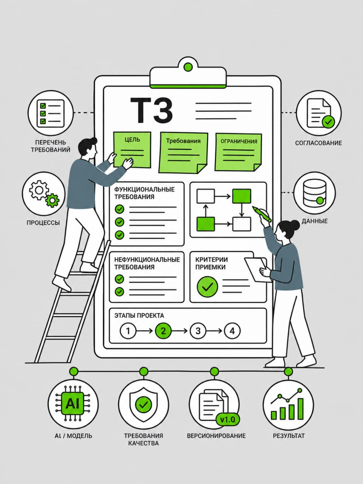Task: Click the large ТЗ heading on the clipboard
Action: click(x=152, y=110)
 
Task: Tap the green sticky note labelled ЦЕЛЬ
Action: click(x=132, y=150)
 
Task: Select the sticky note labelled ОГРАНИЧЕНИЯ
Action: click(x=239, y=152)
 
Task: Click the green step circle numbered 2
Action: click(x=163, y=331)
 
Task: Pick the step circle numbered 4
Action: click(x=232, y=331)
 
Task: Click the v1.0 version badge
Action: click(x=228, y=419)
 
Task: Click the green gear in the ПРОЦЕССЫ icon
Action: click(x=53, y=200)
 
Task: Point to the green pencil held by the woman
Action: click(x=262, y=214)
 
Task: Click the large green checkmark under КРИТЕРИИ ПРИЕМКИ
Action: click(x=207, y=287)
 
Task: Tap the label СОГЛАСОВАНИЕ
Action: click(x=318, y=143)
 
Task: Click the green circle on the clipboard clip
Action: click(x=188, y=67)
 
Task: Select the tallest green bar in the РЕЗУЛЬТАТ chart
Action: click(x=300, y=409)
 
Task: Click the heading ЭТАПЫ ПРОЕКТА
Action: click(x=139, y=315)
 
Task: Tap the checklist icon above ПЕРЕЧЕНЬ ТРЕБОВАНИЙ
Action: click(x=50, y=113)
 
